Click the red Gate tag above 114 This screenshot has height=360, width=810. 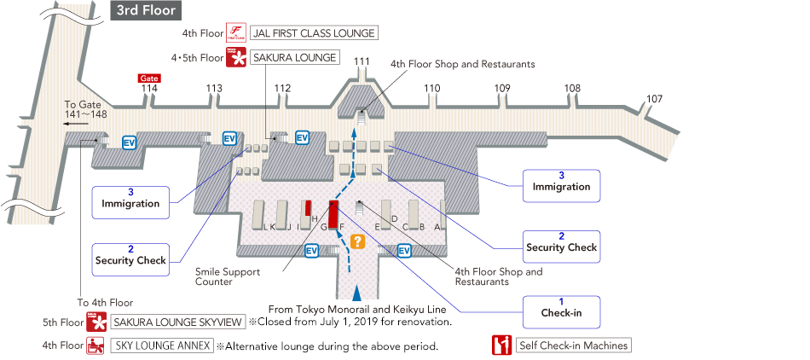(x=149, y=78)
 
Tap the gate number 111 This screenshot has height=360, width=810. (x=362, y=61)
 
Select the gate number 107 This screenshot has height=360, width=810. (x=654, y=99)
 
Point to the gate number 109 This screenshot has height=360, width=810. (x=502, y=88)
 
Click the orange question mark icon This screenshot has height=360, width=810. (x=358, y=241)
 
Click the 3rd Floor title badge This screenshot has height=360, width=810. (x=146, y=11)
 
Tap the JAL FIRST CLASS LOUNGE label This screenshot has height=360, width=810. (x=313, y=33)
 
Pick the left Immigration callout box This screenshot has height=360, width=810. (x=130, y=199)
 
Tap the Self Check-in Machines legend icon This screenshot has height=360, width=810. (x=501, y=345)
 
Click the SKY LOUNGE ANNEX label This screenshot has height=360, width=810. (x=160, y=346)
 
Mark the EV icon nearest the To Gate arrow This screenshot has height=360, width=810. (x=130, y=142)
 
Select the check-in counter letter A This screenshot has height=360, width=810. (x=437, y=227)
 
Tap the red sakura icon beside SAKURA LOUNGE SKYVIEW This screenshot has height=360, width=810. (x=95, y=322)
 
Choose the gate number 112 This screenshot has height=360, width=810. (x=282, y=88)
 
